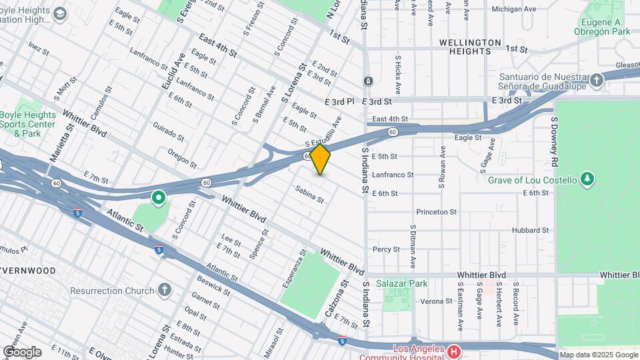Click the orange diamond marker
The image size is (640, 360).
click(321, 159)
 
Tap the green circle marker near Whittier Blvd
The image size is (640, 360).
click(159, 198)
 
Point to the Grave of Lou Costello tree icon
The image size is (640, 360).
click(587, 179)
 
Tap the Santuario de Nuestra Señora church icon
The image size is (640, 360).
click(597, 80)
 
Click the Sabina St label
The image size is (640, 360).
click(309, 194)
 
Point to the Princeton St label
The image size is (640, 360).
click(436, 212)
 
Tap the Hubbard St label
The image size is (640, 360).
click(530, 230)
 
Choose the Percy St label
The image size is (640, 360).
click(386, 249)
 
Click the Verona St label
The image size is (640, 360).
click(437, 301)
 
